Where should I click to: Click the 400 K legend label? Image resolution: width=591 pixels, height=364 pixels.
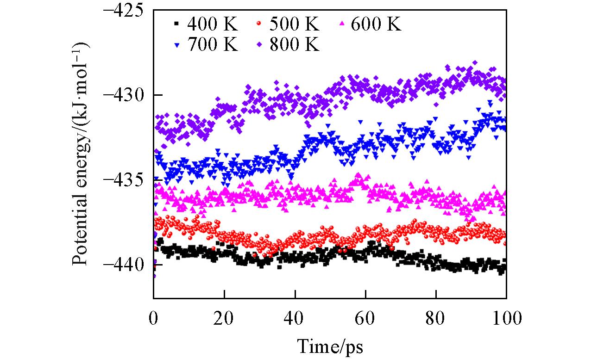[x=213, y=24]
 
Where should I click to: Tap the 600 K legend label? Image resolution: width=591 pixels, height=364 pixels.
[x=376, y=24]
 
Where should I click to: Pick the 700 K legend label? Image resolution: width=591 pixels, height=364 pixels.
[x=213, y=45]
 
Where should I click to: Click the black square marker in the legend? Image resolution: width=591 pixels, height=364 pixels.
[x=175, y=23]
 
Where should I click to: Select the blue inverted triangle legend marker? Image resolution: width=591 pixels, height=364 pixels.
[x=175, y=45]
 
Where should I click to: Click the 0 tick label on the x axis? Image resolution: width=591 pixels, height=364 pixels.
[x=154, y=318]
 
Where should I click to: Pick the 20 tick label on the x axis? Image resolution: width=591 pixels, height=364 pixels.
[x=224, y=318]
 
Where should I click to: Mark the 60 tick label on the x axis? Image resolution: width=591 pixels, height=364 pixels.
[x=365, y=318]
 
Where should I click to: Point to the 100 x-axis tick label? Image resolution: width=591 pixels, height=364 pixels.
[x=506, y=318]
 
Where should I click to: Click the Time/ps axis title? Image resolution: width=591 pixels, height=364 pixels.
[x=330, y=346]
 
